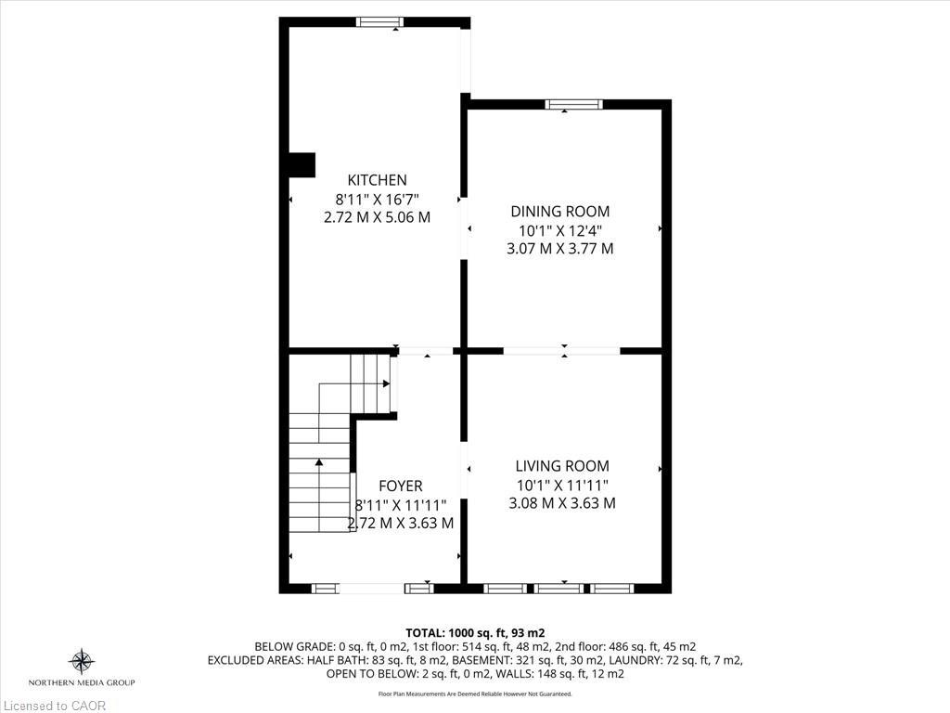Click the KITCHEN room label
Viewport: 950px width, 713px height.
(377, 180)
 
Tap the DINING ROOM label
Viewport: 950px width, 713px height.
(559, 212)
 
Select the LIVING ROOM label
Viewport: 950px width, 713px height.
(562, 466)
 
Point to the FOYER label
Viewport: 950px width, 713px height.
(401, 486)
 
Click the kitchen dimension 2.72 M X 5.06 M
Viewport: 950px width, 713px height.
(377, 217)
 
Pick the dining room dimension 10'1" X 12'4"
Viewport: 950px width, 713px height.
(559, 230)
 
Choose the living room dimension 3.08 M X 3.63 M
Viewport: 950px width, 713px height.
(562, 503)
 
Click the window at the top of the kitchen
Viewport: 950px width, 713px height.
(380, 22)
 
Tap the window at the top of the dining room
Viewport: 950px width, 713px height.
(573, 105)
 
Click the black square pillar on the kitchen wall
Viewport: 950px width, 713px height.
(302, 164)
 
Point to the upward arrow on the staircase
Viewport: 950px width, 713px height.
(319, 461)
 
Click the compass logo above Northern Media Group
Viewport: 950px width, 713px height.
(82, 661)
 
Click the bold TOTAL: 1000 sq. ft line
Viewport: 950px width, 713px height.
(481, 632)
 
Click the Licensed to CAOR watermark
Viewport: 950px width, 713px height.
(54, 706)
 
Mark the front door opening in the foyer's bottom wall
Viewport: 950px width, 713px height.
(372, 588)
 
